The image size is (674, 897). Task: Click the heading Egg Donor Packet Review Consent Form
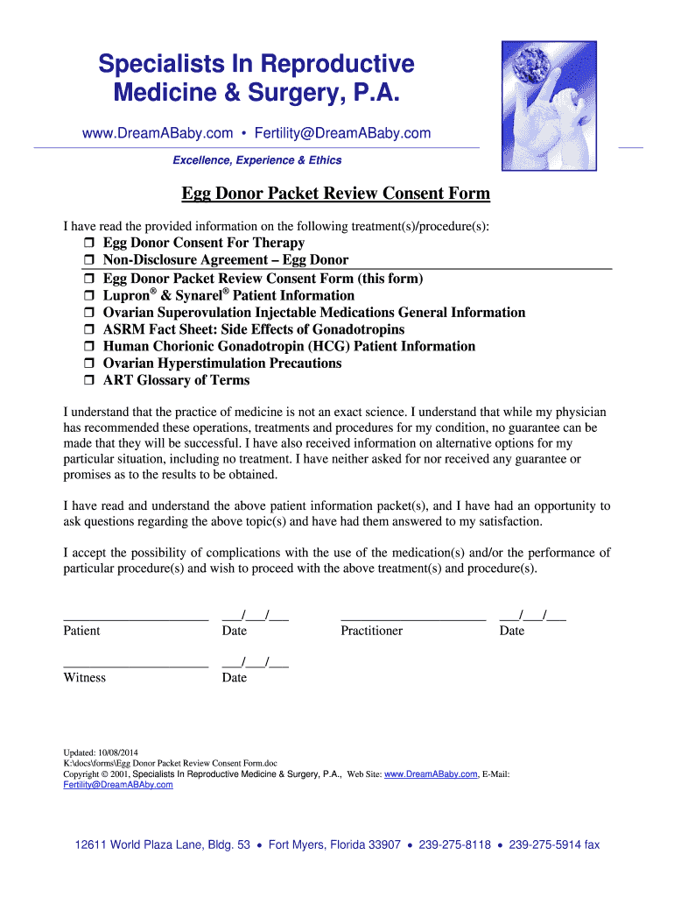pyautogui.click(x=335, y=194)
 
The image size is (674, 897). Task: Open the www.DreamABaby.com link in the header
pyautogui.click(x=158, y=133)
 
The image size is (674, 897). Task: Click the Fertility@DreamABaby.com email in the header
pyautogui.click(x=342, y=133)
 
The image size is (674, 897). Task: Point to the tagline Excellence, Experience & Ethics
pyautogui.click(x=256, y=160)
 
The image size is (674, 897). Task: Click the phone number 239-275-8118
pyautogui.click(x=455, y=845)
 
